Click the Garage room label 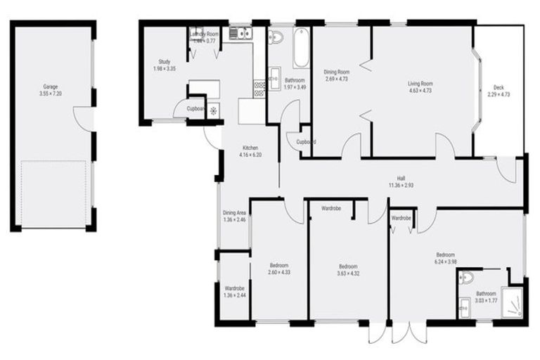pyautogui.click(x=52, y=86)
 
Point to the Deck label pyautogui.click(x=497, y=87)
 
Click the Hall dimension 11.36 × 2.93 pyautogui.click(x=401, y=186)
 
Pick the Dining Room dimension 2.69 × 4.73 pyautogui.click(x=335, y=79)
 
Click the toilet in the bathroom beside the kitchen pyautogui.click(x=276, y=37)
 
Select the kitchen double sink pyautogui.click(x=240, y=32)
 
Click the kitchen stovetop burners pyautogui.click(x=259, y=87)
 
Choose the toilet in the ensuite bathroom pyautogui.click(x=467, y=280)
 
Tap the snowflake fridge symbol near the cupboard pyautogui.click(x=213, y=110)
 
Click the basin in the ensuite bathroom pyautogui.click(x=464, y=306)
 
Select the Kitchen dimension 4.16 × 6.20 pyautogui.click(x=250, y=155)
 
